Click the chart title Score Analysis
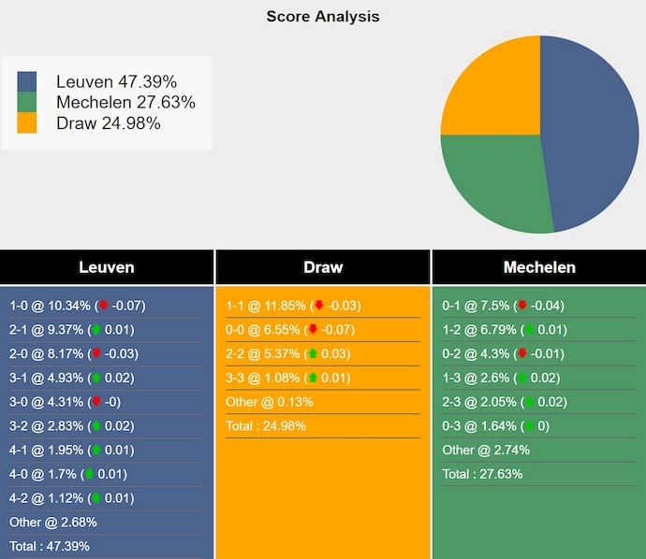tap(322, 17)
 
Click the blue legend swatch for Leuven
tap(27, 82)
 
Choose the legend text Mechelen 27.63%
tap(125, 103)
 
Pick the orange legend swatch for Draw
tap(27, 122)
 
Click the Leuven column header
tap(107, 267)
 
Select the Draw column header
tap(323, 267)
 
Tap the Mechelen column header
tap(539, 267)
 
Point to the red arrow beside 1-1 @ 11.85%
tap(319, 306)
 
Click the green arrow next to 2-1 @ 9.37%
tap(95, 330)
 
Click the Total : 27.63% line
tap(482, 474)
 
